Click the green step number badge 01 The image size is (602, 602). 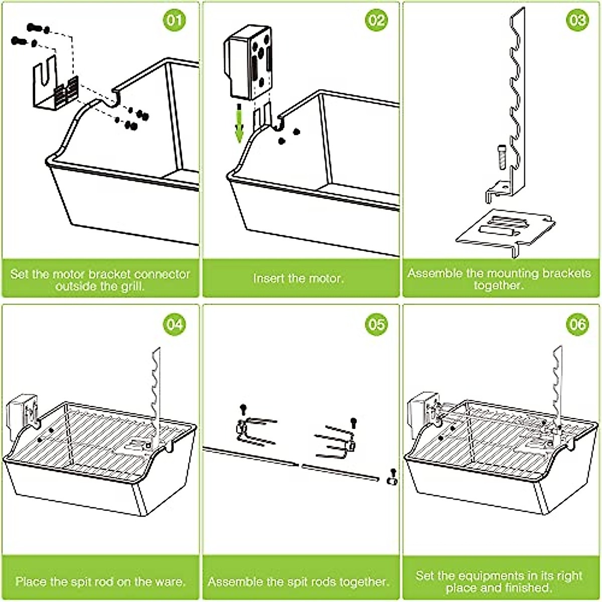175,21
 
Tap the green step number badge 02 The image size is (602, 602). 376,21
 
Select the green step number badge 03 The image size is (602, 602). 577,21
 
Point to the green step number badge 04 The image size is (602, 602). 175,325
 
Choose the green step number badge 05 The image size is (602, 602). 376,325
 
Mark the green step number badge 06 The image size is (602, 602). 577,325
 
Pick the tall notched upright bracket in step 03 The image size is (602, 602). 515,100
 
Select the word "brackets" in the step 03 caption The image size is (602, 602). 566,274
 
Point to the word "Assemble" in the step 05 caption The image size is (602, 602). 235,582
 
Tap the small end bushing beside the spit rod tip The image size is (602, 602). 391,481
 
